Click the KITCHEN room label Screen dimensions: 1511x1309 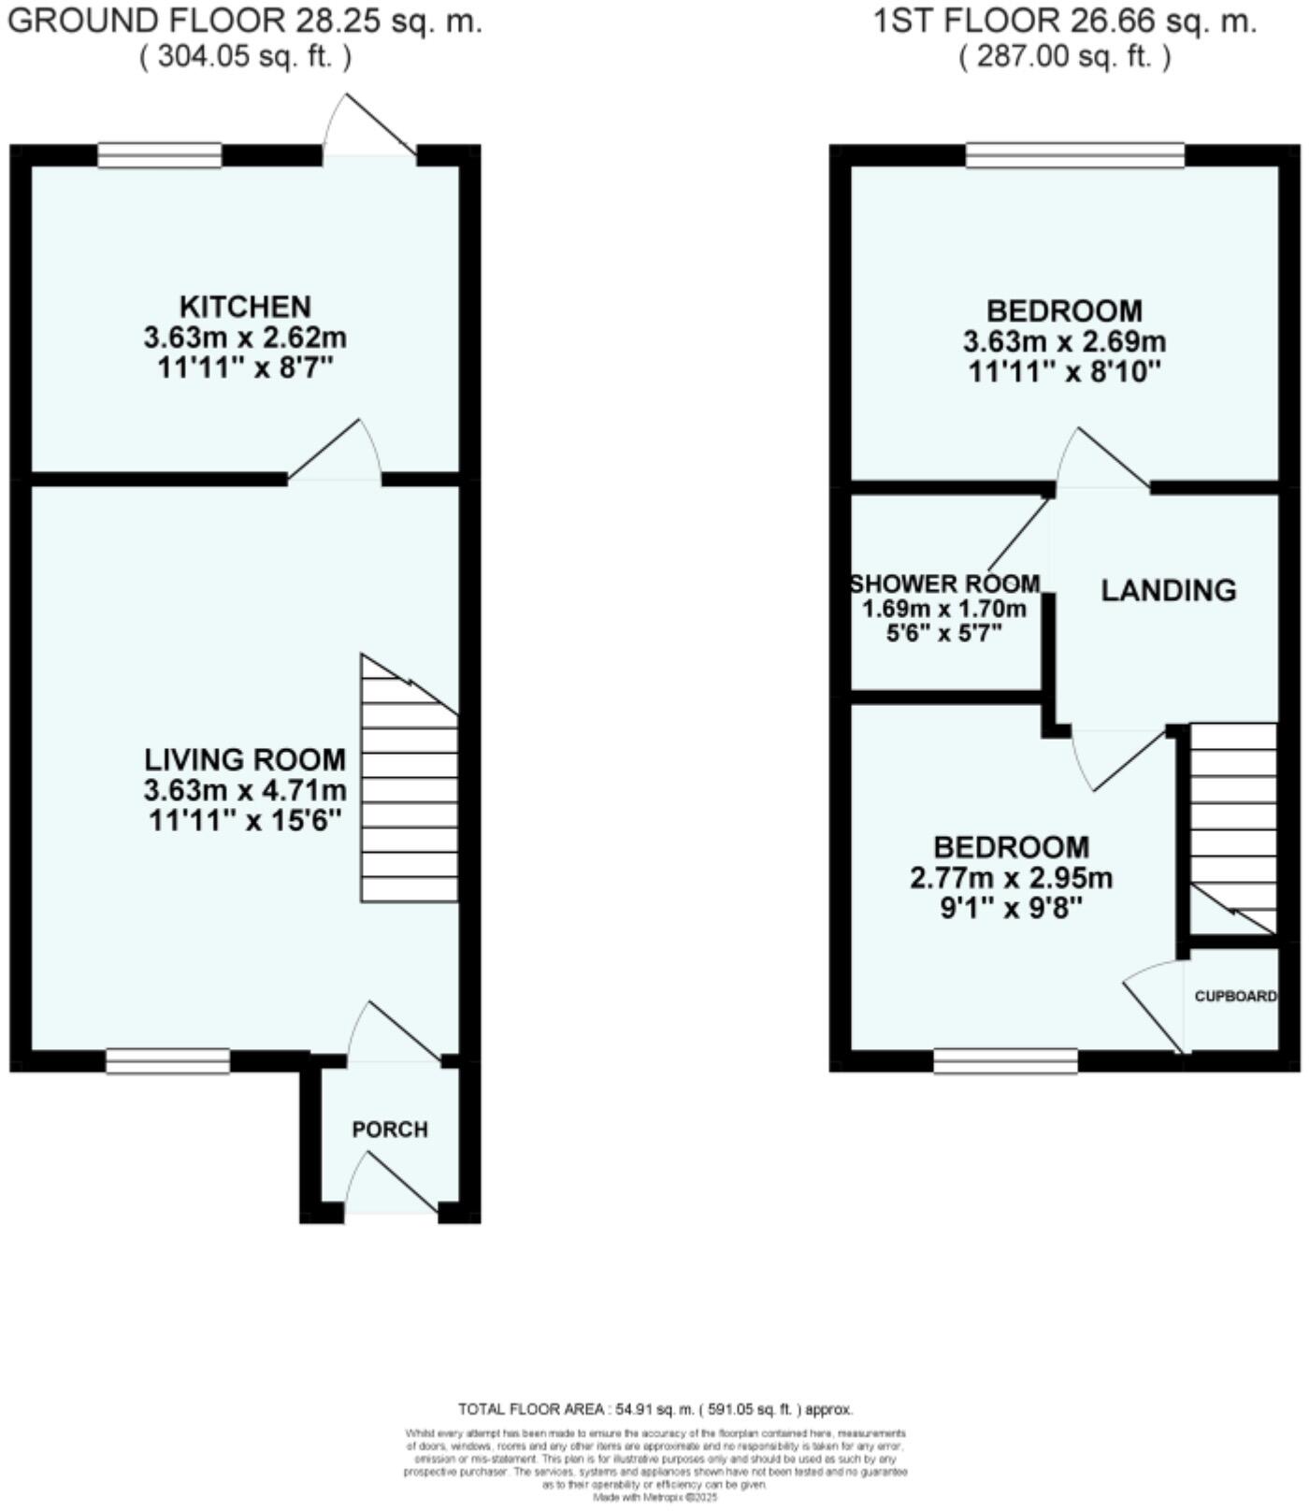(x=245, y=307)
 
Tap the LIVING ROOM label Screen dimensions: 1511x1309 (x=245, y=758)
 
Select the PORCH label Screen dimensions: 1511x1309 (x=390, y=1130)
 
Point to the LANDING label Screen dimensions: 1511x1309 (x=1168, y=590)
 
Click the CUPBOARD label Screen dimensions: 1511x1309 (x=1235, y=997)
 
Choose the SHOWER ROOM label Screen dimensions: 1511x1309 (x=944, y=584)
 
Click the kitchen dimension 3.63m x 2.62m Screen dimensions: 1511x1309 (x=245, y=337)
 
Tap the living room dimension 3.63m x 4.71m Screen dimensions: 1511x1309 (x=245, y=790)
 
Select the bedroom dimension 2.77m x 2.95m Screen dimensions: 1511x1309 (x=1011, y=878)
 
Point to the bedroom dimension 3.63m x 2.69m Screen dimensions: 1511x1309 (x=1064, y=341)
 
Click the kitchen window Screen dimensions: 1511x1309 (x=160, y=155)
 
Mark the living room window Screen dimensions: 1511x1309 (x=167, y=1061)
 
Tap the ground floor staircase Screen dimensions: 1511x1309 (x=410, y=785)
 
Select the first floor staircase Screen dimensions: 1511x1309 (x=1233, y=823)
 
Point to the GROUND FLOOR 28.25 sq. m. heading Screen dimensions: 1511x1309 (x=244, y=21)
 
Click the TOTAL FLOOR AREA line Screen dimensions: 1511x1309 (x=654, y=1409)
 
